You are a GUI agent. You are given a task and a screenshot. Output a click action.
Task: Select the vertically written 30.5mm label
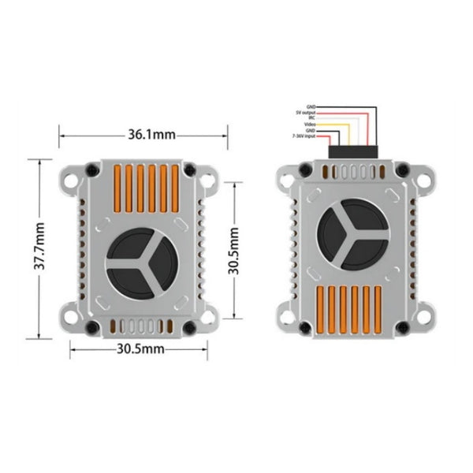(233, 251)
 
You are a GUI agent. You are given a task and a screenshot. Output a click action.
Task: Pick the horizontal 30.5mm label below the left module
(141, 347)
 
